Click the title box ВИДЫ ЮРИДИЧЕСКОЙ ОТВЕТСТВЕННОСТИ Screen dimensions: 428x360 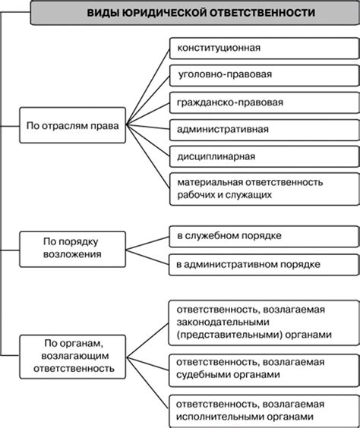(190, 14)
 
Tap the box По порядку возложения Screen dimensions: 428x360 (72, 247)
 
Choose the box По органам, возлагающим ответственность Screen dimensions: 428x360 (72, 354)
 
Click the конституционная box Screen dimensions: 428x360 (262, 48)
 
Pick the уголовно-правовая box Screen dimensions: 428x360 (262, 75)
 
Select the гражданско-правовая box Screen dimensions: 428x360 (262, 102)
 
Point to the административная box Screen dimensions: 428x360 (262, 129)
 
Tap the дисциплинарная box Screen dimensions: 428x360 (262, 156)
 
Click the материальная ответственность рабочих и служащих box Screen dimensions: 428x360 (262, 189)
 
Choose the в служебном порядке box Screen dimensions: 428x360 (262, 236)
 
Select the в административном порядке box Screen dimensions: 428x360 (262, 263)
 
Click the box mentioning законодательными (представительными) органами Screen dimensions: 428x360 (262, 323)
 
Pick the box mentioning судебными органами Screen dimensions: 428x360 (262, 367)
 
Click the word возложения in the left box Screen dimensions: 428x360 (72, 254)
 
